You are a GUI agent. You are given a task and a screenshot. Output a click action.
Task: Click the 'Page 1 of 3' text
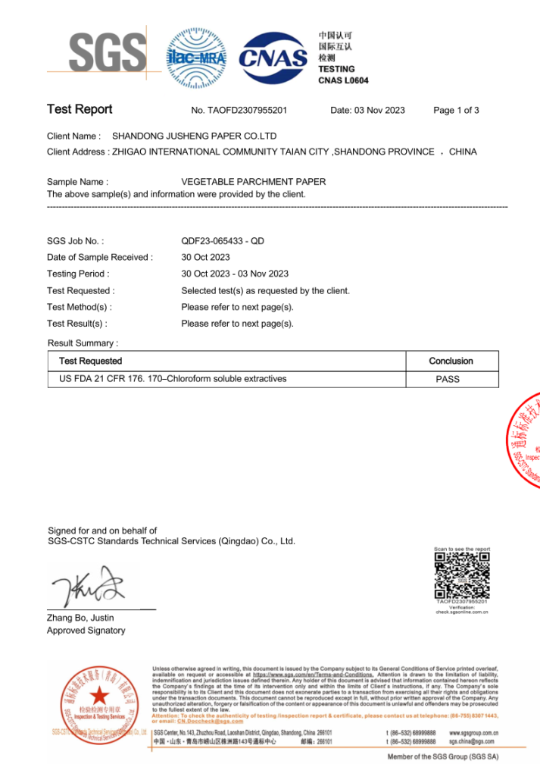[456, 111]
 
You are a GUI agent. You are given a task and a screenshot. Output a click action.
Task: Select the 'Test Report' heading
[80, 110]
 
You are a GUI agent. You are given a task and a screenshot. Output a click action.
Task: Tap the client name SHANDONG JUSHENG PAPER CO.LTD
[194, 136]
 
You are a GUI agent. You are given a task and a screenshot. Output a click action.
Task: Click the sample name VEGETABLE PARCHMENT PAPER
[254, 182]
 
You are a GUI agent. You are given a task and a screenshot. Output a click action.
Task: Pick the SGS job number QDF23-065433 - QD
[223, 241]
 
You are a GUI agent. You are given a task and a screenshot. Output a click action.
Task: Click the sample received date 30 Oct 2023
[206, 258]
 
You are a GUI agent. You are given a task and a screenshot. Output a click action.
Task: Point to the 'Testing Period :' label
[78, 274]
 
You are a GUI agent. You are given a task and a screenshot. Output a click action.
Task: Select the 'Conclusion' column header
[451, 361]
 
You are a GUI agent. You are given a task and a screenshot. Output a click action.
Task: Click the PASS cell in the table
[448, 379]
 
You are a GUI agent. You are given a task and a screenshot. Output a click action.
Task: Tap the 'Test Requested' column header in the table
[90, 361]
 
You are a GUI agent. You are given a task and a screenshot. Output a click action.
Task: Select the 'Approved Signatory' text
[86, 631]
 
